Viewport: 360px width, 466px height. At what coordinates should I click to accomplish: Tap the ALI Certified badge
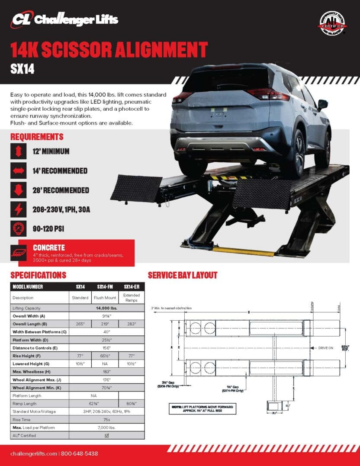coord(333,24)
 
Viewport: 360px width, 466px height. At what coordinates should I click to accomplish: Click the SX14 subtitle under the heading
coord(22,69)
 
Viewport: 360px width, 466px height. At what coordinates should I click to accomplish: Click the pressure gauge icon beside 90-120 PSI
coord(19,228)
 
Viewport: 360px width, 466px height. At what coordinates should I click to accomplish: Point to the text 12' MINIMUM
coord(51,151)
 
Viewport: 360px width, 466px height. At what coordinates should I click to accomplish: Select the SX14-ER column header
coord(131,287)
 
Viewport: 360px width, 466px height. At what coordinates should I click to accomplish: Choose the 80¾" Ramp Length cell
coord(131,403)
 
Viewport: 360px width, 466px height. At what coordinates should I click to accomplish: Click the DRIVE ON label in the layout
coord(325,348)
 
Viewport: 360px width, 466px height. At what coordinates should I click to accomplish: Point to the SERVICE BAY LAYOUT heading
coord(183,275)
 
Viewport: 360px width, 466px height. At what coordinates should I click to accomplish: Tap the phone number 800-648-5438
coord(79,454)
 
